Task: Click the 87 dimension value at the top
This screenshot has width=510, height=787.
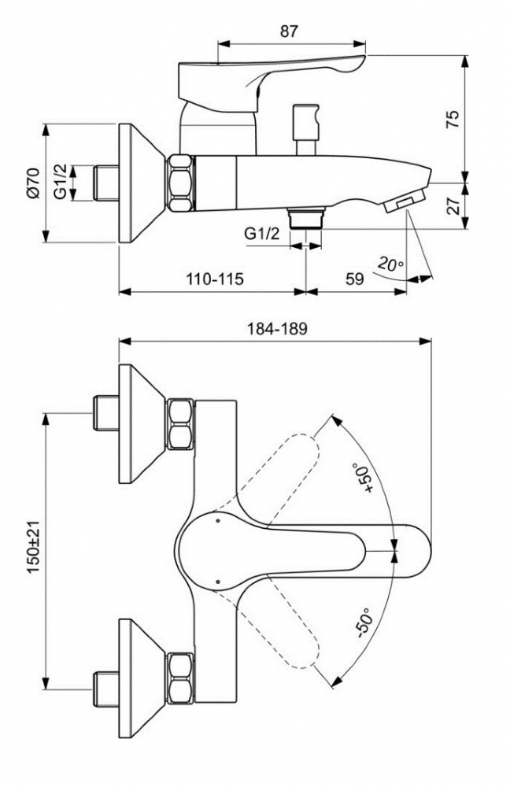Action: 289,31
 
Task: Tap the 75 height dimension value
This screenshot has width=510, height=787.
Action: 453,120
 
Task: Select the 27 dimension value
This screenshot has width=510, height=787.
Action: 453,205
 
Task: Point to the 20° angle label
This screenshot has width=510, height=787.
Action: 391,263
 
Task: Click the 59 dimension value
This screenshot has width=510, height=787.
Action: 354,279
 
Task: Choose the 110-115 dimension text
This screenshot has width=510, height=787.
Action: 215,279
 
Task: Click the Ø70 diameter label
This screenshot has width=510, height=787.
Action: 34,183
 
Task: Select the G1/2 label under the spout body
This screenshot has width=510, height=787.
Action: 262,234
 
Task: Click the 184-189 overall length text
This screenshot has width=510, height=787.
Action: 276,329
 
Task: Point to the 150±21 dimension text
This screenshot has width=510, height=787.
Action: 34,547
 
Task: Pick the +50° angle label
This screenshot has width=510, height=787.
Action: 365,478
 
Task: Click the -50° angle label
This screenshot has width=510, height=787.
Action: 364,623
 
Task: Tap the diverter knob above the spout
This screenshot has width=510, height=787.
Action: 305,130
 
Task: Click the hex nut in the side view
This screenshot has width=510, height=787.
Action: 180,183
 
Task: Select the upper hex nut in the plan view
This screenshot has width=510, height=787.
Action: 180,424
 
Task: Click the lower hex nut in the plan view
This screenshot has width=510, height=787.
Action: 180,678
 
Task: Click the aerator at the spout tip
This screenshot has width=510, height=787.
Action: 404,200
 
